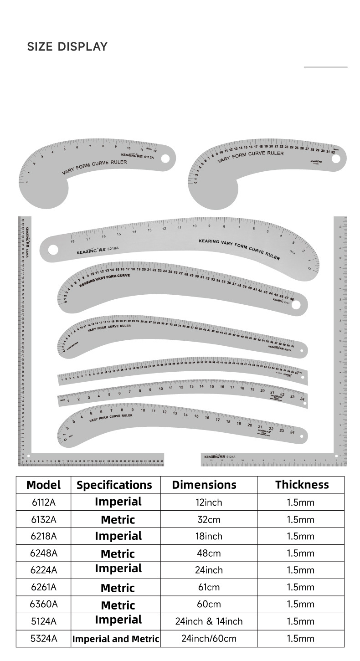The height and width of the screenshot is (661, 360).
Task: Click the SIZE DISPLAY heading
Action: click(67, 46)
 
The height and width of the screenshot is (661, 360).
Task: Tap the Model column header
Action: click(43, 485)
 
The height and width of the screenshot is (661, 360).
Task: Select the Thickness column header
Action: click(302, 485)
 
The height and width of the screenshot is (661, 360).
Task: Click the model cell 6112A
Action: click(43, 502)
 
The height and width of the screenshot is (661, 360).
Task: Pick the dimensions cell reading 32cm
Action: click(209, 519)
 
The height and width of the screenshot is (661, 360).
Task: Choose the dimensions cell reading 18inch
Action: click(209, 536)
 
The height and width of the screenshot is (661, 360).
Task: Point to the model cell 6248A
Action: click(43, 553)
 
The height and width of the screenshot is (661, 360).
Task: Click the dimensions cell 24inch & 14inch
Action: click(209, 621)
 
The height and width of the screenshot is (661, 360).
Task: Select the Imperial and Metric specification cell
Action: click(116, 639)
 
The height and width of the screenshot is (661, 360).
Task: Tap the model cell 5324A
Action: click(43, 639)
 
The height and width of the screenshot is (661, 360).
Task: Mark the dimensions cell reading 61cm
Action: click(209, 587)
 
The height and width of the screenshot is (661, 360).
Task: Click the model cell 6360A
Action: click(43, 605)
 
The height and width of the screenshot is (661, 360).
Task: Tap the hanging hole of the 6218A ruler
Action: click(53, 250)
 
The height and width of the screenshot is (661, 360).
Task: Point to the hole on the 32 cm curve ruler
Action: click(336, 159)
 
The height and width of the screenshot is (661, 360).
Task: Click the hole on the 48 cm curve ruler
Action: click(296, 305)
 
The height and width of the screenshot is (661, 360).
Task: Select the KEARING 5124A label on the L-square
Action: click(220, 456)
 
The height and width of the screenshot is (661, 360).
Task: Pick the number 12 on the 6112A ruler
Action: click(155, 151)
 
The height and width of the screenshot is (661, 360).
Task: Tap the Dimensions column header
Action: click(204, 485)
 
